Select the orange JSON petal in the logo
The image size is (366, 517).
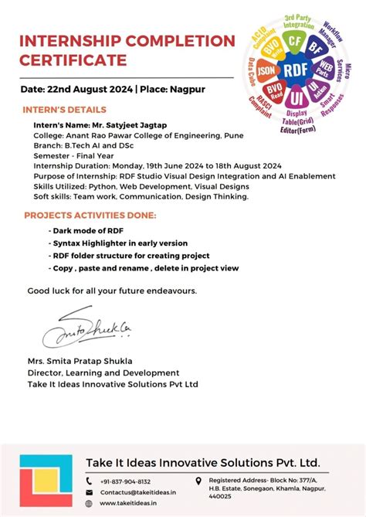pyautogui.click(x=267, y=71)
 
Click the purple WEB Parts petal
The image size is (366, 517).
pyautogui.click(x=326, y=70)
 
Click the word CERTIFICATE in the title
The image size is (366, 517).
pyautogui.click(x=73, y=60)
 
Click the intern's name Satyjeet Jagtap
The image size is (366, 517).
pyautogui.click(x=142, y=124)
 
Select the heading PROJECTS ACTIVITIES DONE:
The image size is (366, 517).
pyautogui.click(x=90, y=215)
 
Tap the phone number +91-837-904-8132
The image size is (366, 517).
pyautogui.click(x=125, y=481)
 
